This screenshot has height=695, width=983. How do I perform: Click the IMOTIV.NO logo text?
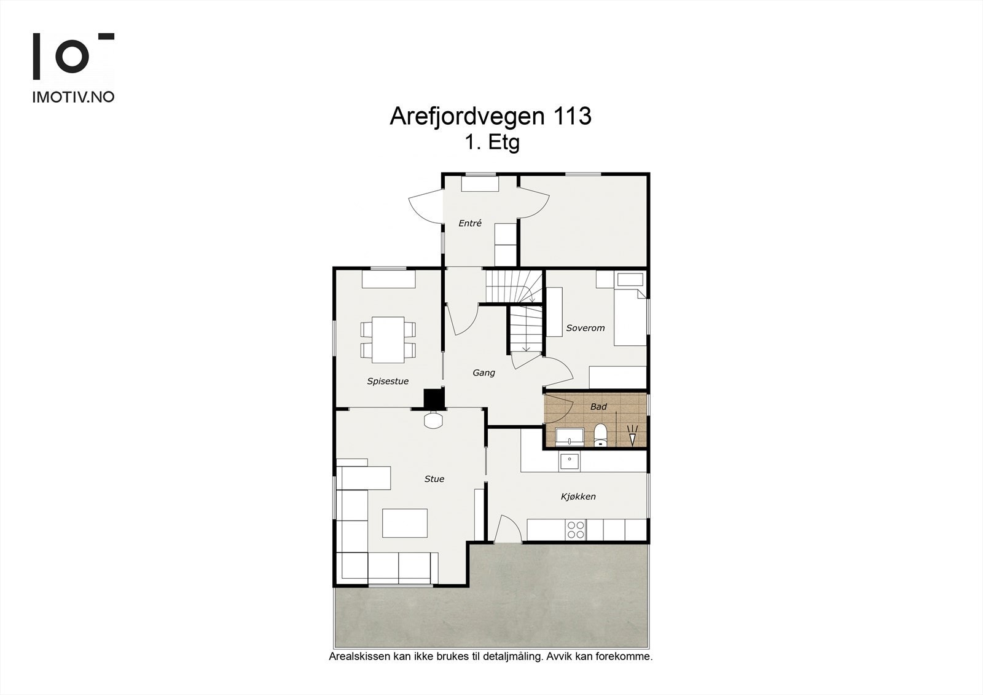pyautogui.click(x=73, y=96)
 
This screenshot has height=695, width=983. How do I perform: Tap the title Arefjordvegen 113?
pyautogui.click(x=490, y=116)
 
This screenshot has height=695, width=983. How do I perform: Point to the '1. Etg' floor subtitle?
pyautogui.click(x=492, y=143)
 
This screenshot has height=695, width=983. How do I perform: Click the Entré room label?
pyautogui.click(x=470, y=224)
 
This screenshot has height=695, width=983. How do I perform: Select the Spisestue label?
pyautogui.click(x=388, y=381)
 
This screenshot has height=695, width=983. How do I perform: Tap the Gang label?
pyautogui.click(x=484, y=372)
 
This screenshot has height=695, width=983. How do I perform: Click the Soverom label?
pyautogui.click(x=585, y=328)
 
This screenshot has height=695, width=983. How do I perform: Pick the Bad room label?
pyautogui.click(x=598, y=407)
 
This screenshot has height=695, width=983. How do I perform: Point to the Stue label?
pyautogui.click(x=434, y=479)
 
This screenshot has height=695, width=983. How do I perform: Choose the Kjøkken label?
pyautogui.click(x=578, y=497)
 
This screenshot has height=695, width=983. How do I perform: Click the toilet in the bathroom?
pyautogui.click(x=600, y=434)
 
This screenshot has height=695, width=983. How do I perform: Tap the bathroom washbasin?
pyautogui.click(x=571, y=438)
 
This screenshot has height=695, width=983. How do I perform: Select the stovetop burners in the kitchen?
pyautogui.click(x=576, y=530)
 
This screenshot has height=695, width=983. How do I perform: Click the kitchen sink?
pyautogui.click(x=569, y=461)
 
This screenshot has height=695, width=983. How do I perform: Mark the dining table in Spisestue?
pyautogui.click(x=388, y=340)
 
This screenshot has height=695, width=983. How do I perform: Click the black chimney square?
pyautogui.click(x=434, y=399)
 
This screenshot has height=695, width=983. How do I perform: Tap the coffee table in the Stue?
pyautogui.click(x=405, y=523)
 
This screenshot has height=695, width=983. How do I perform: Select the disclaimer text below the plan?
pyautogui.click(x=491, y=656)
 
